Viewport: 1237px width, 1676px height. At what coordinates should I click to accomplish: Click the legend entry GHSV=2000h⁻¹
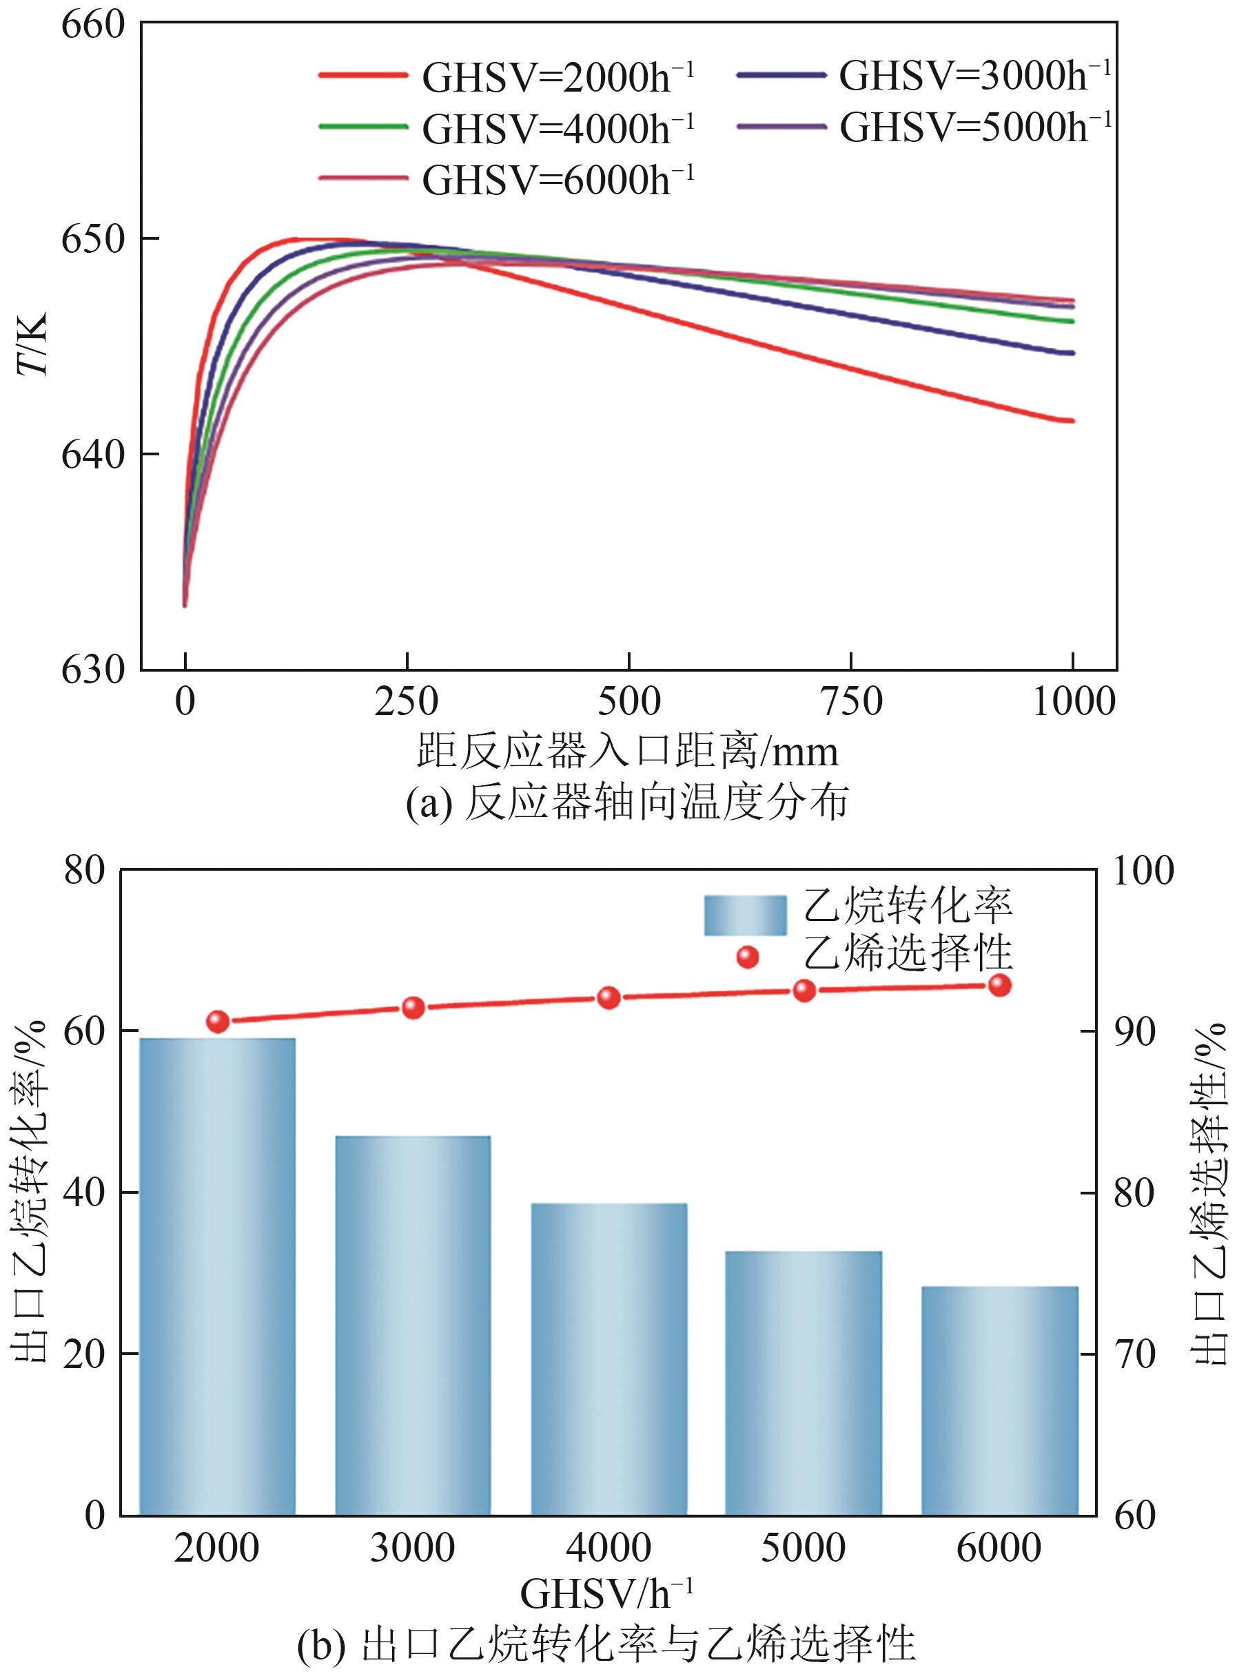point(507,76)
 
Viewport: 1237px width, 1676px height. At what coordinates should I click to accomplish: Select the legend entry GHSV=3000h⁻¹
point(923,75)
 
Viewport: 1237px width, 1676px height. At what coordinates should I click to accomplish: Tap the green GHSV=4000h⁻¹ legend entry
point(507,128)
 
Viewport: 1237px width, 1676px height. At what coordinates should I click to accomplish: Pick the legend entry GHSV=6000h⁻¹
point(507,180)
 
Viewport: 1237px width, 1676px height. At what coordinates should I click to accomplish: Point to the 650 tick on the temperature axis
point(92,240)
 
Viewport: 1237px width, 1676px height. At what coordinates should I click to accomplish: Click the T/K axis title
point(32,344)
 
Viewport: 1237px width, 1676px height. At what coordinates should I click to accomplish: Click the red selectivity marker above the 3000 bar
point(413,1008)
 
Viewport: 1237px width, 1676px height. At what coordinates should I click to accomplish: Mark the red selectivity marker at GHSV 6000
point(1001,985)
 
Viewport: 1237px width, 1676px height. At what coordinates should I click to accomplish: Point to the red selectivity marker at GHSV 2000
point(218,1021)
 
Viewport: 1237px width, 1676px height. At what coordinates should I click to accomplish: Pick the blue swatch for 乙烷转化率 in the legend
point(745,915)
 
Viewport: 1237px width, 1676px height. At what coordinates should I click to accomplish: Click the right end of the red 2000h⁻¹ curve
point(1072,421)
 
